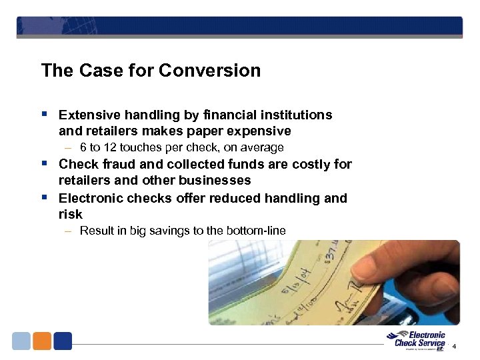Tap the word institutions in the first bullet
point(298,115)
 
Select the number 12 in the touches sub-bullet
point(111,147)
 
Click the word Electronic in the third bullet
point(89,198)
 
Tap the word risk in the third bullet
point(71,214)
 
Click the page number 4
point(454,347)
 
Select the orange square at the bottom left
point(42,341)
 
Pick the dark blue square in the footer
point(63,341)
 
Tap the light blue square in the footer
point(21,341)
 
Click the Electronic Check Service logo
point(418,340)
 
